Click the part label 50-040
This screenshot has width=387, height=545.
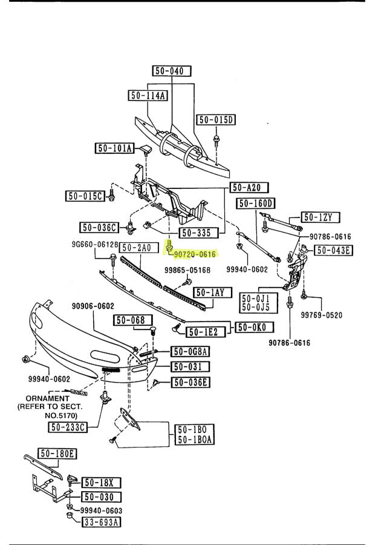[x=169, y=71]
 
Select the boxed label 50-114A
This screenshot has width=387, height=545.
[x=148, y=95]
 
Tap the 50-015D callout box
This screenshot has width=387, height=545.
[x=215, y=119]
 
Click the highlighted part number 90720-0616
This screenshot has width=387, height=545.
[x=195, y=255]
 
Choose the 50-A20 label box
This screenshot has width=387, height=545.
[x=249, y=188]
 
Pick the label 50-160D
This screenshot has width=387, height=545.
[x=255, y=203]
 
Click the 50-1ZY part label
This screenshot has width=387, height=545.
[x=321, y=217]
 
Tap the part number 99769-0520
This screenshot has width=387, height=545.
[x=322, y=315]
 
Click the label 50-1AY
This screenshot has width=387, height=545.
[x=209, y=292]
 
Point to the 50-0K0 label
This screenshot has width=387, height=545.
[x=255, y=327]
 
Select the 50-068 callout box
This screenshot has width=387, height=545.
[x=129, y=320]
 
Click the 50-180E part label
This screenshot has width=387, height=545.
[x=57, y=453]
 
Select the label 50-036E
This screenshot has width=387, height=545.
[x=190, y=381]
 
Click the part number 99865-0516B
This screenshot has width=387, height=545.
[x=187, y=271]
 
